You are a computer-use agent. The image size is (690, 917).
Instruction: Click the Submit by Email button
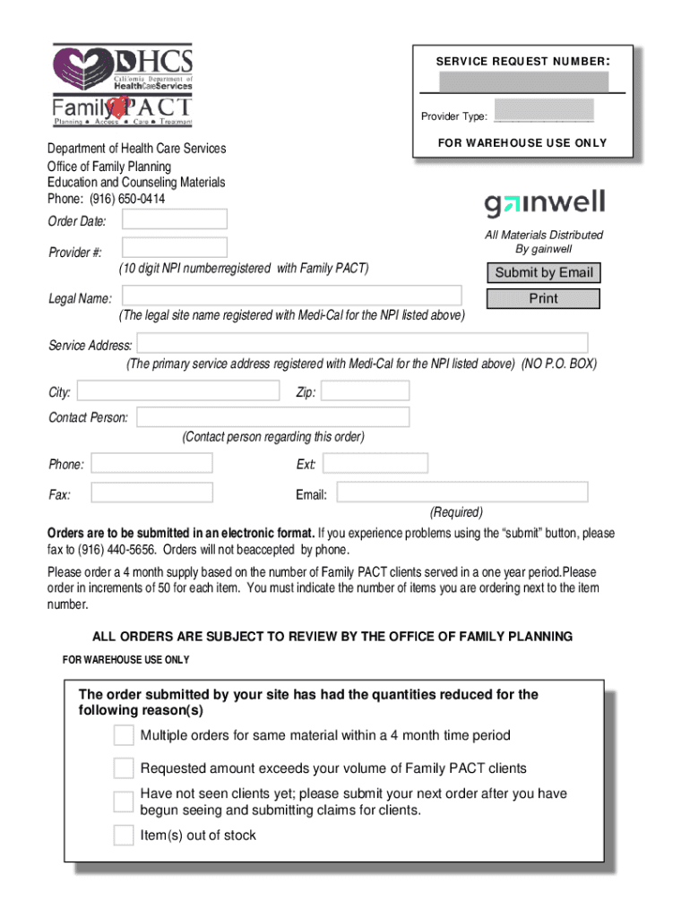click(543, 273)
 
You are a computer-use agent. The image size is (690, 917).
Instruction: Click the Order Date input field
click(174, 219)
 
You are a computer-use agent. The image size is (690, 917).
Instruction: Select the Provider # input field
click(174, 248)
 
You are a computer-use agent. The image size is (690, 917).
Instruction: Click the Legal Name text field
click(291, 296)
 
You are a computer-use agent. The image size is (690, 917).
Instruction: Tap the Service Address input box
click(362, 343)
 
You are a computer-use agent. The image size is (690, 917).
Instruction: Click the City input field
click(178, 390)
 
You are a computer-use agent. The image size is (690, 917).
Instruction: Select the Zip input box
click(365, 390)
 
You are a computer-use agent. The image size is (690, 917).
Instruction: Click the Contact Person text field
click(272, 417)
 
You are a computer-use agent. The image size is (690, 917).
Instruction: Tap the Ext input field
click(375, 463)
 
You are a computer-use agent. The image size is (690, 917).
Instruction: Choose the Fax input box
click(152, 493)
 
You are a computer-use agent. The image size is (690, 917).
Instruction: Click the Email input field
click(461, 493)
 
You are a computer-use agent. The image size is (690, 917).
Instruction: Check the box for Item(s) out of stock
click(124, 836)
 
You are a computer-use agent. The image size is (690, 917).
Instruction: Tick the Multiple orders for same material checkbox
click(124, 736)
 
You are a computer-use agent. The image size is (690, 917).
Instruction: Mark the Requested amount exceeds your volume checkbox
click(124, 768)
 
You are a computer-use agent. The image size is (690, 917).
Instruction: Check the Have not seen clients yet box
click(124, 801)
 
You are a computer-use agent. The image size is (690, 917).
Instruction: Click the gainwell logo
click(545, 204)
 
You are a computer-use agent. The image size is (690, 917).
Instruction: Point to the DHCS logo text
click(154, 62)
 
